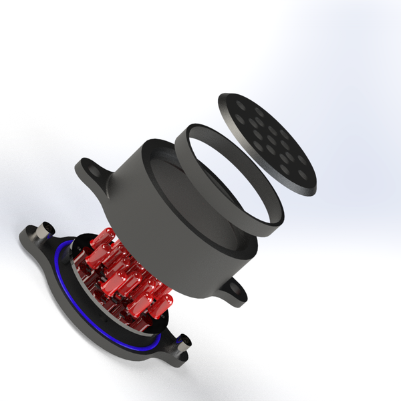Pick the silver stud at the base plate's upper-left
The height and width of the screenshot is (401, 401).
tap(47, 231)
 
